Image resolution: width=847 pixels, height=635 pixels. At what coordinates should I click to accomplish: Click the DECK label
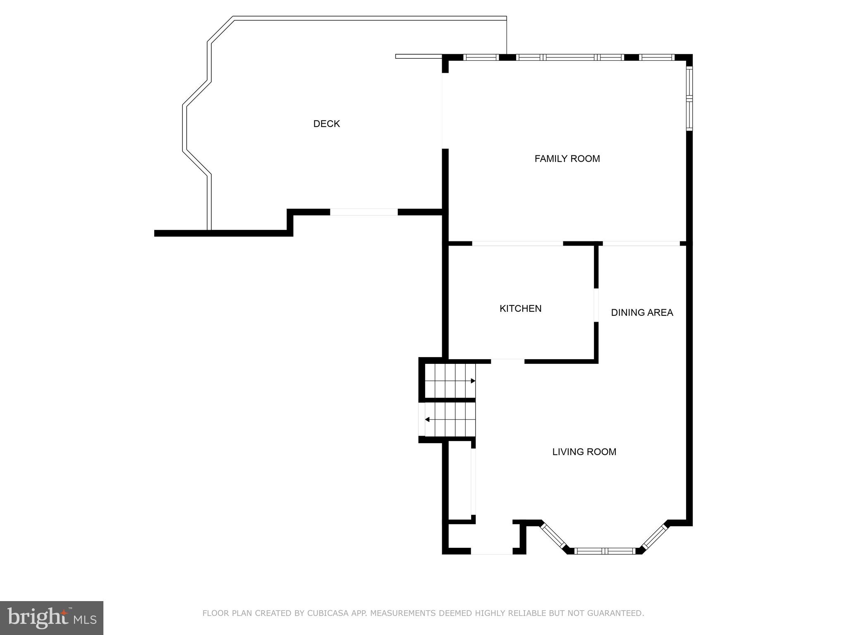pyautogui.click(x=326, y=124)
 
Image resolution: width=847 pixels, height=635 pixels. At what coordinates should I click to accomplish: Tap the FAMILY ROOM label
pyautogui.click(x=567, y=159)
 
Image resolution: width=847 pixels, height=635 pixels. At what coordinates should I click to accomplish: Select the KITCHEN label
pyautogui.click(x=520, y=308)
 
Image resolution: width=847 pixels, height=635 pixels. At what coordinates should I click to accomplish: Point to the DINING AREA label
pyautogui.click(x=642, y=313)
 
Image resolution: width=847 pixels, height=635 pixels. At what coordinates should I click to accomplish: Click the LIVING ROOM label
pyautogui.click(x=584, y=452)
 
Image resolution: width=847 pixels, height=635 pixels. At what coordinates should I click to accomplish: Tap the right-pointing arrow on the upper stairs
pyautogui.click(x=473, y=381)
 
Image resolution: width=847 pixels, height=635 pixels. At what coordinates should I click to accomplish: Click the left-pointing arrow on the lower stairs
pyautogui.click(x=427, y=420)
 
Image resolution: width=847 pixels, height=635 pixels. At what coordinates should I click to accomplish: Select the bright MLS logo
pyautogui.click(x=52, y=618)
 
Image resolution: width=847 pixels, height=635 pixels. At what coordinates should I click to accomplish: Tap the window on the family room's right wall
pyautogui.click(x=689, y=98)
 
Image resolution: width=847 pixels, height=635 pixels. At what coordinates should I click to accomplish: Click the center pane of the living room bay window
pyautogui.click(x=605, y=551)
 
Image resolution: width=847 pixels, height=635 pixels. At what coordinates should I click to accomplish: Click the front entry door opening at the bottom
pyautogui.click(x=492, y=551)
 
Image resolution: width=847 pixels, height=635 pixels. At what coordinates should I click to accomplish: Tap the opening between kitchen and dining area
pyautogui.click(x=596, y=305)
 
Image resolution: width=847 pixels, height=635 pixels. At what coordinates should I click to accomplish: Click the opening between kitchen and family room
pyautogui.click(x=517, y=243)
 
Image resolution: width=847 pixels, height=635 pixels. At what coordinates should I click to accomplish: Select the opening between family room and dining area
pyautogui.click(x=641, y=243)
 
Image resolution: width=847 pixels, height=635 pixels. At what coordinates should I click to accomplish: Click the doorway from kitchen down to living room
pyautogui.click(x=507, y=361)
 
